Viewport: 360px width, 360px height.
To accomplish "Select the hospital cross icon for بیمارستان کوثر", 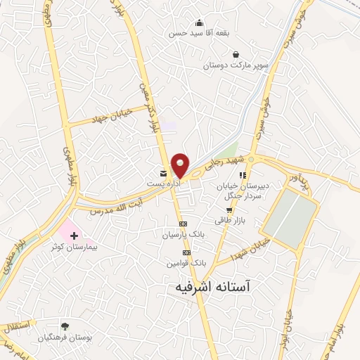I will tap(75, 235).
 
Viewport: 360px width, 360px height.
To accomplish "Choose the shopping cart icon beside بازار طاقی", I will tap(229, 210).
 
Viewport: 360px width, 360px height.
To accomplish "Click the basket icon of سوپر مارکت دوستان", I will tap(235, 54).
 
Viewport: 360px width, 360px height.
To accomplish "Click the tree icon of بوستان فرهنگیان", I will tap(65, 326).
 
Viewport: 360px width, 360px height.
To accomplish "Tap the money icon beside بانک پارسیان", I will tap(184, 224).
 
